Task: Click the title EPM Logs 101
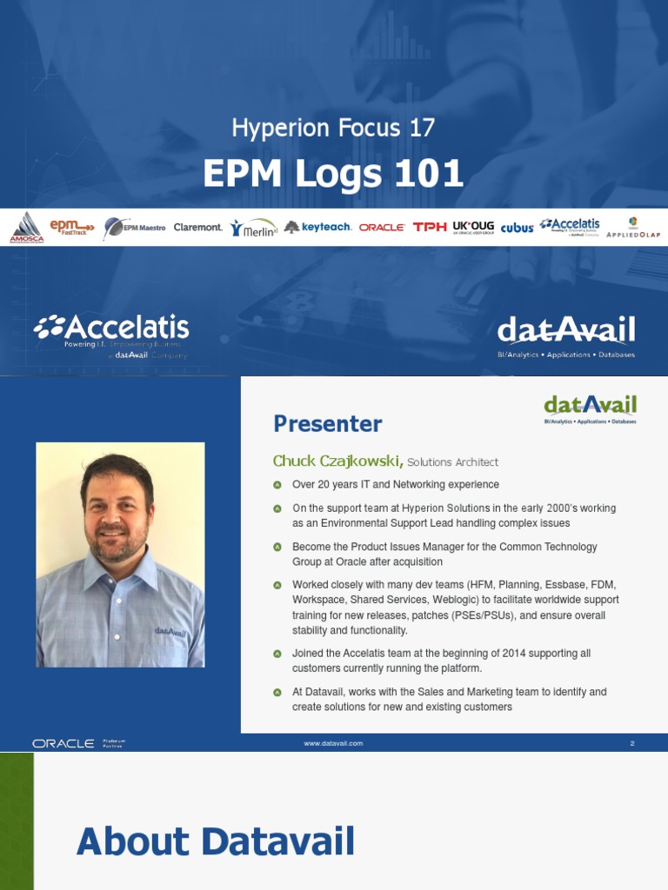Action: click(333, 174)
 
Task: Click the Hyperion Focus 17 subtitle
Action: click(333, 129)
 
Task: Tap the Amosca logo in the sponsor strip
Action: click(26, 228)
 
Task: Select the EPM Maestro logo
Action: click(134, 228)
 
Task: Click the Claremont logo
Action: click(198, 228)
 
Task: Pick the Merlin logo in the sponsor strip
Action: click(254, 228)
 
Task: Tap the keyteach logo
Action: click(317, 228)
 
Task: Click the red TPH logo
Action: click(429, 228)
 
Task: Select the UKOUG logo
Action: click(473, 228)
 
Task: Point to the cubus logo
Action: click(517, 228)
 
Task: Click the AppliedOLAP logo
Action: click(633, 228)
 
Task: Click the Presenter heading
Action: click(327, 424)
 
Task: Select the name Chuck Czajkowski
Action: click(337, 462)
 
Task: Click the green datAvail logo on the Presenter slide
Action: click(590, 407)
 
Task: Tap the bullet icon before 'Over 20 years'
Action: click(277, 485)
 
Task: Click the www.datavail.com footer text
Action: click(333, 743)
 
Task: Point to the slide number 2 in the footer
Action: click(632, 743)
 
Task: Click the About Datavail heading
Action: click(215, 842)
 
